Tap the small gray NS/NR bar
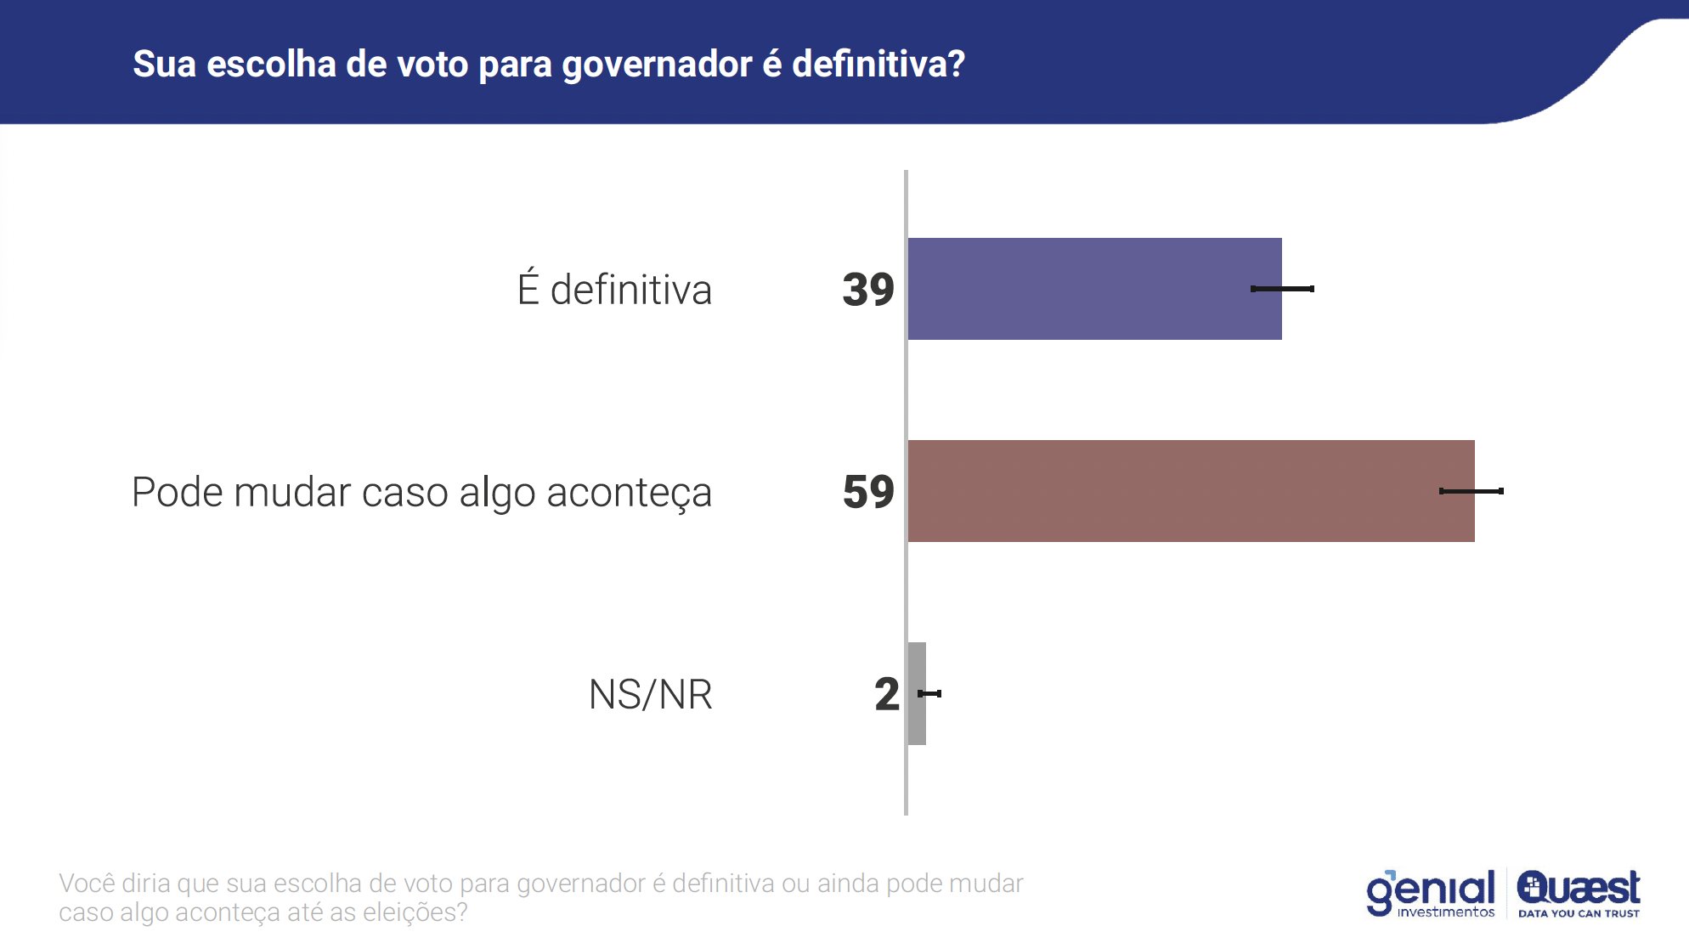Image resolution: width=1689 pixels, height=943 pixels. (916, 693)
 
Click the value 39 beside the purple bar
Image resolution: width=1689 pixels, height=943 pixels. (867, 290)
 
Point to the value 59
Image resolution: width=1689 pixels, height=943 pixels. (867, 492)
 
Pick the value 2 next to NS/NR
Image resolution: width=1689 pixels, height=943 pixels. (886, 694)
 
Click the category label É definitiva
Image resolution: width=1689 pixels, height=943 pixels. (614, 290)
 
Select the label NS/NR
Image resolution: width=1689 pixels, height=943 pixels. (650, 694)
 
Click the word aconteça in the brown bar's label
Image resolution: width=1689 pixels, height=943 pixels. (629, 494)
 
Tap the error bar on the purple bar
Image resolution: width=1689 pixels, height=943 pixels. (1282, 289)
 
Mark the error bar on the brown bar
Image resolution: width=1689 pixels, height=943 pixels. (1472, 491)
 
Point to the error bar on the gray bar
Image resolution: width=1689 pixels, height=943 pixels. (930, 693)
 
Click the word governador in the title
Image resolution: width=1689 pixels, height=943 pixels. (657, 65)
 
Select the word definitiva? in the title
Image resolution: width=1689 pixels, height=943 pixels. (878, 65)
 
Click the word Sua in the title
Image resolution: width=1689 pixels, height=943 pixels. (164, 65)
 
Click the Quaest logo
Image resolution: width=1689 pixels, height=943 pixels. (1579, 889)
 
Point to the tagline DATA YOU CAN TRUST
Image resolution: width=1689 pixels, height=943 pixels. (1579, 914)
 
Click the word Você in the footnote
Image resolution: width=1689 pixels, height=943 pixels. (87, 884)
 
